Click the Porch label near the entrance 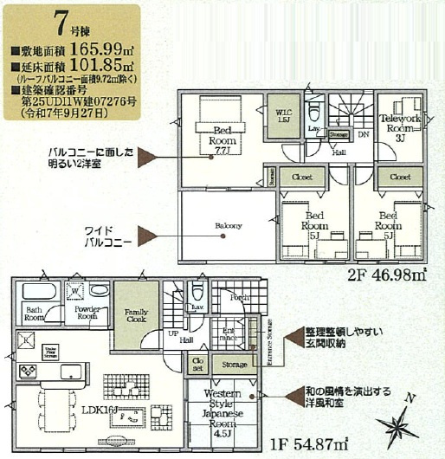point(239,297)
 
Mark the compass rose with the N point(400,423)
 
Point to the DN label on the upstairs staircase point(363,135)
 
